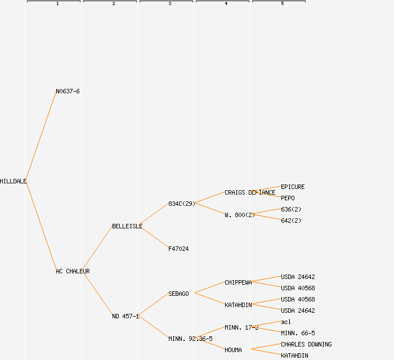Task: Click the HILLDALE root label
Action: pyautogui.click(x=13, y=181)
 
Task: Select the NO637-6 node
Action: pyautogui.click(x=68, y=91)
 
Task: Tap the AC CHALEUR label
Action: pyautogui.click(x=73, y=271)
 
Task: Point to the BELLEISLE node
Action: pyautogui.click(x=127, y=226)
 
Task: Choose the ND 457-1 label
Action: pyautogui.click(x=125, y=316)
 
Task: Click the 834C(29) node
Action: pyautogui.click(x=181, y=204)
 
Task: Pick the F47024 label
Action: pyautogui.click(x=178, y=249)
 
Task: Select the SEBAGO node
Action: pyautogui.click(x=178, y=294)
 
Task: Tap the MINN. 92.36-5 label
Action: pyautogui.click(x=190, y=339)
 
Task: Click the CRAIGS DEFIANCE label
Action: pyautogui.click(x=250, y=192)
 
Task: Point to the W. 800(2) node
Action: pyautogui.click(x=240, y=215)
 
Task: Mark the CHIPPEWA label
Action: pyautogui.click(x=238, y=282)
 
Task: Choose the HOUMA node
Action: pyautogui.click(x=233, y=350)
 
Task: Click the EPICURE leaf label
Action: pyautogui.click(x=293, y=187)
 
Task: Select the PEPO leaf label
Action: pyautogui.click(x=288, y=198)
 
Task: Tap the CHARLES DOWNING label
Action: pyautogui.click(x=306, y=344)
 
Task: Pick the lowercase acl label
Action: pyautogui.click(x=286, y=322)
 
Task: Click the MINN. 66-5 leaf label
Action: pyautogui.click(x=298, y=333)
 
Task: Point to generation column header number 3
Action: pyautogui.click(x=170, y=4)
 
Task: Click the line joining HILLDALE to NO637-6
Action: pyautogui.click(x=41, y=136)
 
